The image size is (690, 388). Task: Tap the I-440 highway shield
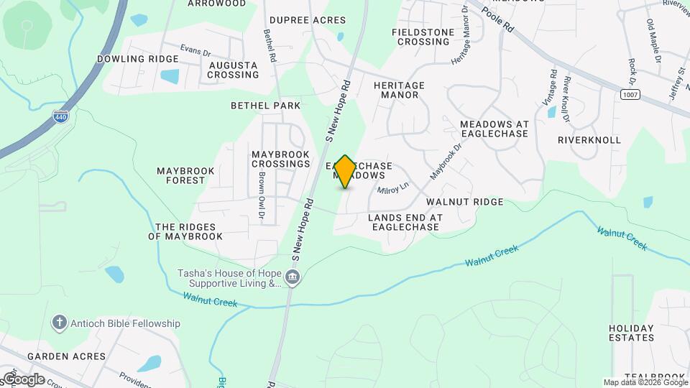pos(62,116)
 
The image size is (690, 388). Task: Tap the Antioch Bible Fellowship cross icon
pos(60,323)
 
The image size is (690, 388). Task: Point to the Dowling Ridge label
pos(137,59)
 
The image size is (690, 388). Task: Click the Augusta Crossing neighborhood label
pos(233,70)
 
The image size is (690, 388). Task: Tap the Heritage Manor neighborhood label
pos(399,90)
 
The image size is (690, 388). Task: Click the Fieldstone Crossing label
pos(421,37)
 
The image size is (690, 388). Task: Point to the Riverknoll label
pos(589,140)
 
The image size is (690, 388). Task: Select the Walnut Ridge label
pos(464,203)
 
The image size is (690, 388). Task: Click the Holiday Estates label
pos(631,333)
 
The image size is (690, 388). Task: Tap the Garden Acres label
pos(66,356)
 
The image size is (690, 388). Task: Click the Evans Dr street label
pos(195,51)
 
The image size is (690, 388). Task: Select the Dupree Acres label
pos(308,20)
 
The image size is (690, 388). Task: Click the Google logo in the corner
pos(23,379)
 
